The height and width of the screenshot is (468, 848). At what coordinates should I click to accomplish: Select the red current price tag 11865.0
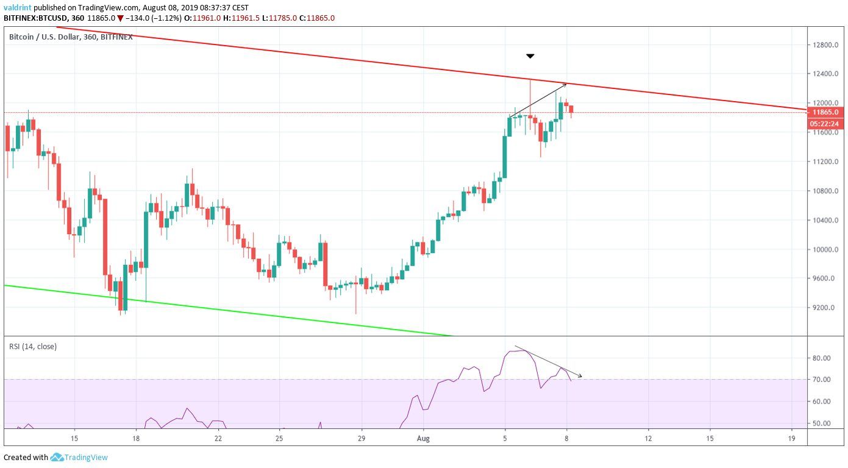point(825,112)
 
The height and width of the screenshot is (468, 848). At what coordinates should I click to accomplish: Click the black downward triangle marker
point(530,56)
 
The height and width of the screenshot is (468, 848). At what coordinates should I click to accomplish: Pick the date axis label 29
point(362,438)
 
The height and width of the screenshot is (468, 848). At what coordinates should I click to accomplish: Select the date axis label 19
point(791,438)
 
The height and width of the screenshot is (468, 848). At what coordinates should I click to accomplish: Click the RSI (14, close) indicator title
point(33,347)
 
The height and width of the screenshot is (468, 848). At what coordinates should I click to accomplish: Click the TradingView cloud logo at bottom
point(57,457)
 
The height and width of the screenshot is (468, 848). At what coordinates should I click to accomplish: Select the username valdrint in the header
point(18,8)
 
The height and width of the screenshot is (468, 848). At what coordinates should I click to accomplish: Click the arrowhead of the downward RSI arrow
point(581,376)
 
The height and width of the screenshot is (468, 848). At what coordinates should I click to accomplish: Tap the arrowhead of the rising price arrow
point(566,84)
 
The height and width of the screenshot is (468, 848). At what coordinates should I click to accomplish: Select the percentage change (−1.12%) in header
point(160,18)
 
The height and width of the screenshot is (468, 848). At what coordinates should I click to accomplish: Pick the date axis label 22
point(218,438)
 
